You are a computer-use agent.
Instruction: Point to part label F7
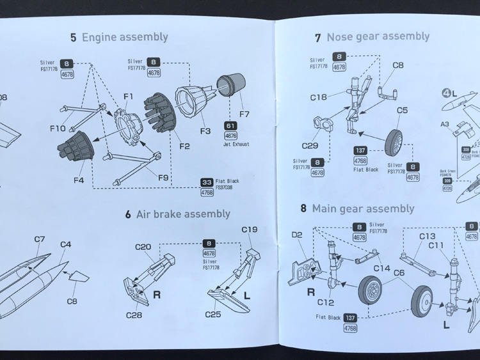[x=244, y=114]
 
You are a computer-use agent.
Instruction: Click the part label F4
[x=78, y=180]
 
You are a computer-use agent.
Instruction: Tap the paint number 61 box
[x=230, y=125]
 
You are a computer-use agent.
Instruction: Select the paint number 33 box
[x=207, y=182]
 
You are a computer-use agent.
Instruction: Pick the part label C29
[x=310, y=145]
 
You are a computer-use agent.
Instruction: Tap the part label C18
[x=318, y=98]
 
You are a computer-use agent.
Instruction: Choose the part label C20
[x=143, y=247]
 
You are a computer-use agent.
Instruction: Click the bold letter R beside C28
[x=156, y=295]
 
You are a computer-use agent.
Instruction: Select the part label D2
[x=296, y=235]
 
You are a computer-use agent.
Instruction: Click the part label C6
[x=398, y=273]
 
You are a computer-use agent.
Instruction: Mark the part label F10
[x=57, y=129]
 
